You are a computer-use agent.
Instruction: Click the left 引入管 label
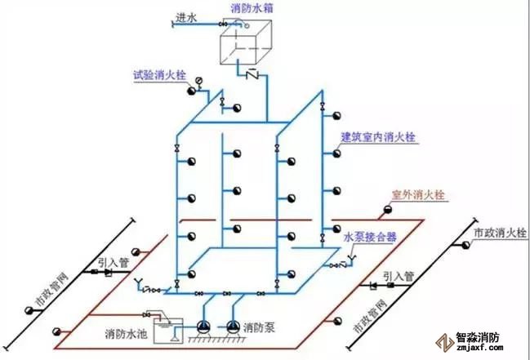[112, 262]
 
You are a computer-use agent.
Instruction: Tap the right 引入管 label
[399, 276]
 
